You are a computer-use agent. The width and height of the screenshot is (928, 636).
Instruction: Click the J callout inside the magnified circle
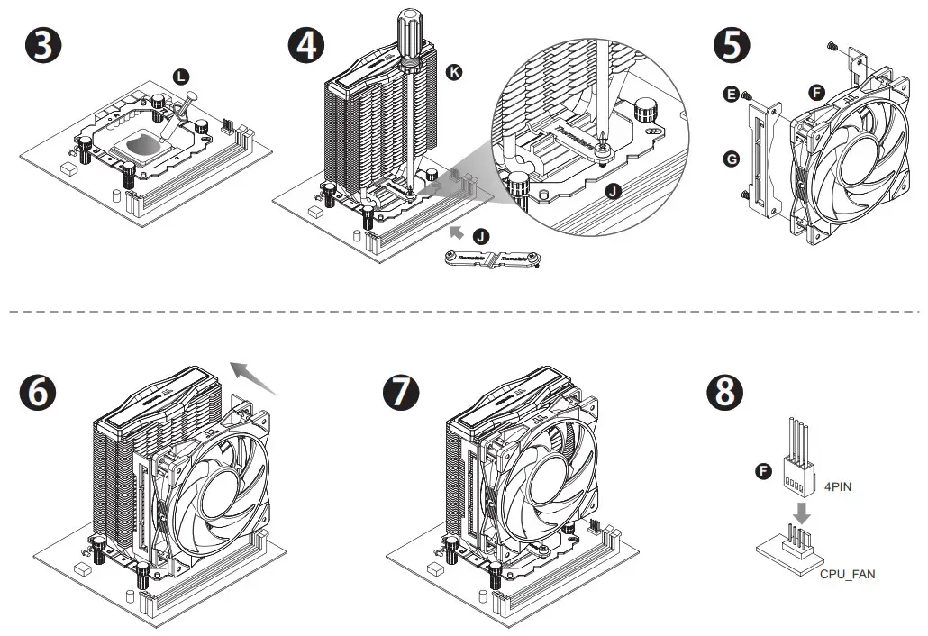[x=614, y=190]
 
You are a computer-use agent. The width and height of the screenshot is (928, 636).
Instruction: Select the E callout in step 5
[x=732, y=94]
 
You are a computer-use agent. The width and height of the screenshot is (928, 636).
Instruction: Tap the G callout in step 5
[x=732, y=159]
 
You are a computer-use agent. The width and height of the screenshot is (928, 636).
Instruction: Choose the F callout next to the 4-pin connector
[x=764, y=471]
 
